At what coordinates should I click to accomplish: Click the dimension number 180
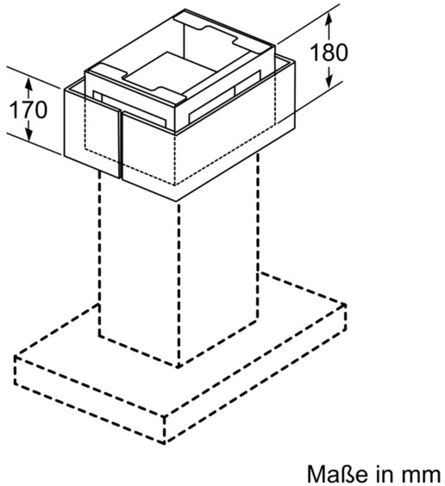pos(329,53)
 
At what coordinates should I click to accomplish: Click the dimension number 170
pos(28,109)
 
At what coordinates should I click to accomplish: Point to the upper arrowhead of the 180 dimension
pos(329,20)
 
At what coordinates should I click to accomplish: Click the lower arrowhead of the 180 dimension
pos(329,82)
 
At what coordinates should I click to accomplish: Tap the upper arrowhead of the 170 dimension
pos(28,84)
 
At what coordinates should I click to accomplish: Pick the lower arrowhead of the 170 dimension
pos(28,134)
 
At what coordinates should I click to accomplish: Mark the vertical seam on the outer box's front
pos(121,145)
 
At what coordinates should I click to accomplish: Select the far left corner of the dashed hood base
pos(15,356)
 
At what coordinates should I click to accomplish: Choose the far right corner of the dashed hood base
pos(346,304)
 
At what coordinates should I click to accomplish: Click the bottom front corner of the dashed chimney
pos(179,367)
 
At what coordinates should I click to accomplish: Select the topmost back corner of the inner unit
pos(185,9)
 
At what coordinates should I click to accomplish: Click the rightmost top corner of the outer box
pos(295,62)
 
